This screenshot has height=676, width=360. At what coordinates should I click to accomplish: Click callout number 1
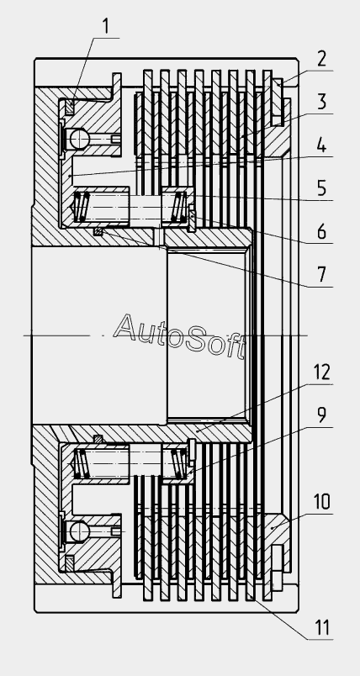(x=106, y=26)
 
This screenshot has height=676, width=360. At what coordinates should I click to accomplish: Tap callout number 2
(x=322, y=59)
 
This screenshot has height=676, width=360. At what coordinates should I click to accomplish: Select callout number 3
(x=322, y=102)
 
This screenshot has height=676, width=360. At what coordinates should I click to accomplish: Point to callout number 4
(x=322, y=145)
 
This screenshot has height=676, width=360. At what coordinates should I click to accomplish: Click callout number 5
(x=322, y=188)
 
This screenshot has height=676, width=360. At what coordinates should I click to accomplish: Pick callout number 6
(x=322, y=232)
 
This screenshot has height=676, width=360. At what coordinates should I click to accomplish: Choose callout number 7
(x=322, y=275)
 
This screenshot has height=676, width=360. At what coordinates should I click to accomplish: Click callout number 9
(x=322, y=415)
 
